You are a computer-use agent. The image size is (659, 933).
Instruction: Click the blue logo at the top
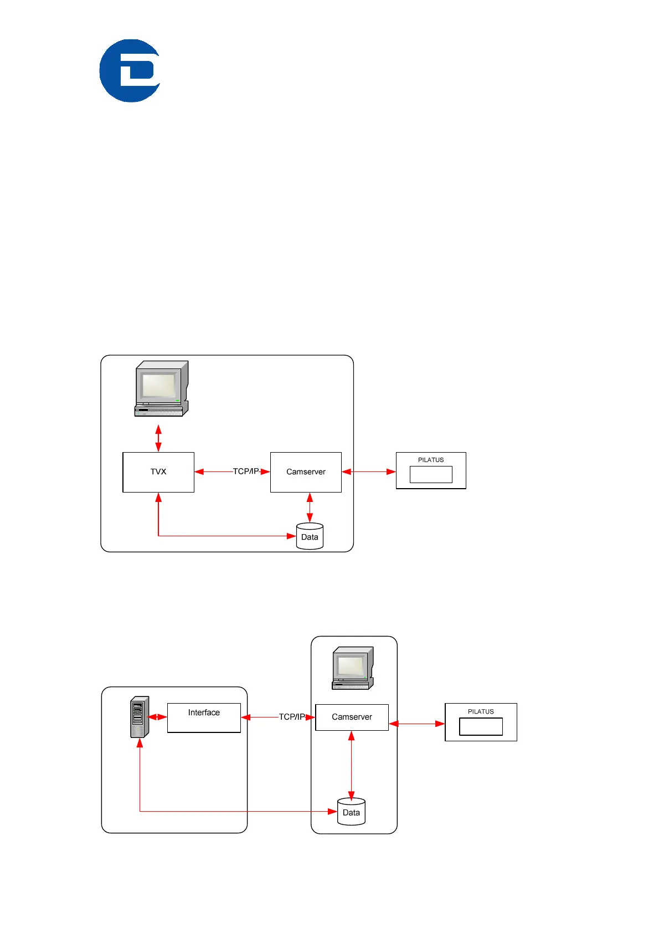point(130,70)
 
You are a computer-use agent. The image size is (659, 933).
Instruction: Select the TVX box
point(158,472)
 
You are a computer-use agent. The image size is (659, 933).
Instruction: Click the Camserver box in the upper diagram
point(306,472)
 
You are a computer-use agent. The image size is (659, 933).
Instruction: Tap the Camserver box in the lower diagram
point(352,717)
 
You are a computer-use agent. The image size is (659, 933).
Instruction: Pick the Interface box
point(204,717)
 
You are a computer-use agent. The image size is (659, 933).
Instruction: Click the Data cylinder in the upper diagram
point(310,536)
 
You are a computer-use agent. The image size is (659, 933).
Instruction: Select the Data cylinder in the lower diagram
point(351,812)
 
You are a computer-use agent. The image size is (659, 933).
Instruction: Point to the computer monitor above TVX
point(161,388)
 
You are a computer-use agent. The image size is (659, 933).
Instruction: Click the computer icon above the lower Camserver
point(353,668)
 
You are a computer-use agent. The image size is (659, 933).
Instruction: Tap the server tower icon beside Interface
point(139,717)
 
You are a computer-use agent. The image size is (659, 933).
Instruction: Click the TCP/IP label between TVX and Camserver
point(245,471)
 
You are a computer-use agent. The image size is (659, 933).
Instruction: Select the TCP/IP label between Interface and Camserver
point(291,717)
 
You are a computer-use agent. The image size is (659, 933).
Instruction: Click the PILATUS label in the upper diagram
point(431,460)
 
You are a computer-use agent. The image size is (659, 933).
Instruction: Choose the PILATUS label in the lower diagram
point(481,711)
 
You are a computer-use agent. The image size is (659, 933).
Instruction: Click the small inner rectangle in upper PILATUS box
point(431,475)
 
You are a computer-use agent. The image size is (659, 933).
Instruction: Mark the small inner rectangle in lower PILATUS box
point(481,726)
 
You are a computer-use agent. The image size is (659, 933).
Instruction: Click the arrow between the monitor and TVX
point(158,438)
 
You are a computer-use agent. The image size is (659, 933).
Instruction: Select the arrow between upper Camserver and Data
point(310,507)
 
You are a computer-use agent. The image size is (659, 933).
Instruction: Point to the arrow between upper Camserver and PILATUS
point(369,471)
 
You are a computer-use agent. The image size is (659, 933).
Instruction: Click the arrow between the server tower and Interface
point(158,717)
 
